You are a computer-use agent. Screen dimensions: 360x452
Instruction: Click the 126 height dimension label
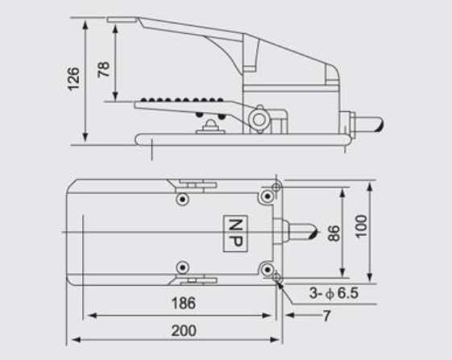tap(73, 79)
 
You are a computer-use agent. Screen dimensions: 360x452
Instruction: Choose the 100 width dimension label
tap(362, 230)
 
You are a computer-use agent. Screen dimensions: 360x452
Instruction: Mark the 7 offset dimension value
tap(326, 317)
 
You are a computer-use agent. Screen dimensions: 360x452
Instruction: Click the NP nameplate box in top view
tap(234, 233)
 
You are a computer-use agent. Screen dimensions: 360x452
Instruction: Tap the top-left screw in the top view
tap(184, 198)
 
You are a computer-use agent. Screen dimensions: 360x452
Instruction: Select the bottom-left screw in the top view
tap(184, 267)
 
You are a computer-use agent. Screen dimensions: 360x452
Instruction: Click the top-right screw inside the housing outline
tap(265, 198)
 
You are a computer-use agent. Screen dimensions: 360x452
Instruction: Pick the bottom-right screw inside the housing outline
tap(265, 267)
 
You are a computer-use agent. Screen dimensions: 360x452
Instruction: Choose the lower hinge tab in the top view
tap(192, 281)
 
